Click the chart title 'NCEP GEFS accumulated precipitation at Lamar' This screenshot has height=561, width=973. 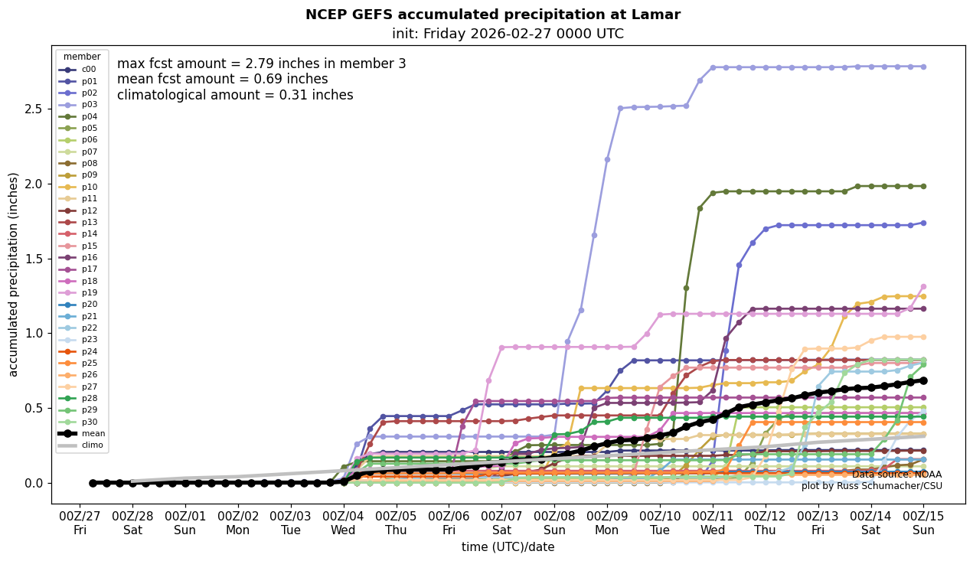point(492,15)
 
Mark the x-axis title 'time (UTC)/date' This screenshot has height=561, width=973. point(508,547)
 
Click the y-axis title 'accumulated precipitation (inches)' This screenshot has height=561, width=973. point(13,274)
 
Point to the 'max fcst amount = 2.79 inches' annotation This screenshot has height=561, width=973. point(261,64)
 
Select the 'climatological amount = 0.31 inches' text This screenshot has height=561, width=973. point(235,95)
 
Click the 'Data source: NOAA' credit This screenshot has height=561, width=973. point(896,475)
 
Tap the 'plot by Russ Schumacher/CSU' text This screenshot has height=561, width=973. point(871,486)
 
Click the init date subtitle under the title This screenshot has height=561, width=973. point(508,34)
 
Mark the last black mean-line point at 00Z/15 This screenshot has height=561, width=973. point(923,380)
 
